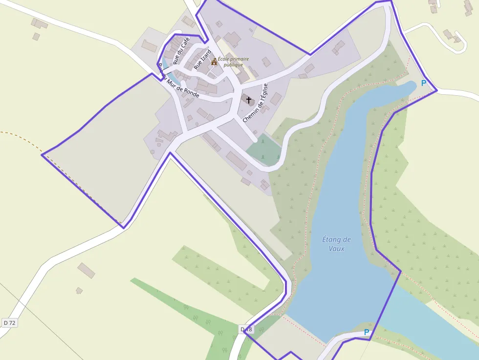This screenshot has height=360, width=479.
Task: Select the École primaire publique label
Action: (x=233, y=62)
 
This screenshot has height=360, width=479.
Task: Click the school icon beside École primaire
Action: (x=214, y=62)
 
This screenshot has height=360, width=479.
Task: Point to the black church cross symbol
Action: (x=249, y=100)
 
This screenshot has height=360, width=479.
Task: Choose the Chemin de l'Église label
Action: (x=256, y=103)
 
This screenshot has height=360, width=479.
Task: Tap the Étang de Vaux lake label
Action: (x=337, y=244)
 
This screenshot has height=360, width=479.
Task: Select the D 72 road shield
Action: (x=9, y=323)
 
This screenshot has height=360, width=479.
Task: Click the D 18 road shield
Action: (x=246, y=330)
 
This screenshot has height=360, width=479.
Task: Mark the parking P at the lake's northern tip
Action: (x=423, y=83)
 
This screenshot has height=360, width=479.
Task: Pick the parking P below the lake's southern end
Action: (x=367, y=332)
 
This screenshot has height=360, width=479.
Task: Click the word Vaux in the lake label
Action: (x=337, y=248)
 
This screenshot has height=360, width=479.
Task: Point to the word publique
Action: (x=233, y=65)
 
